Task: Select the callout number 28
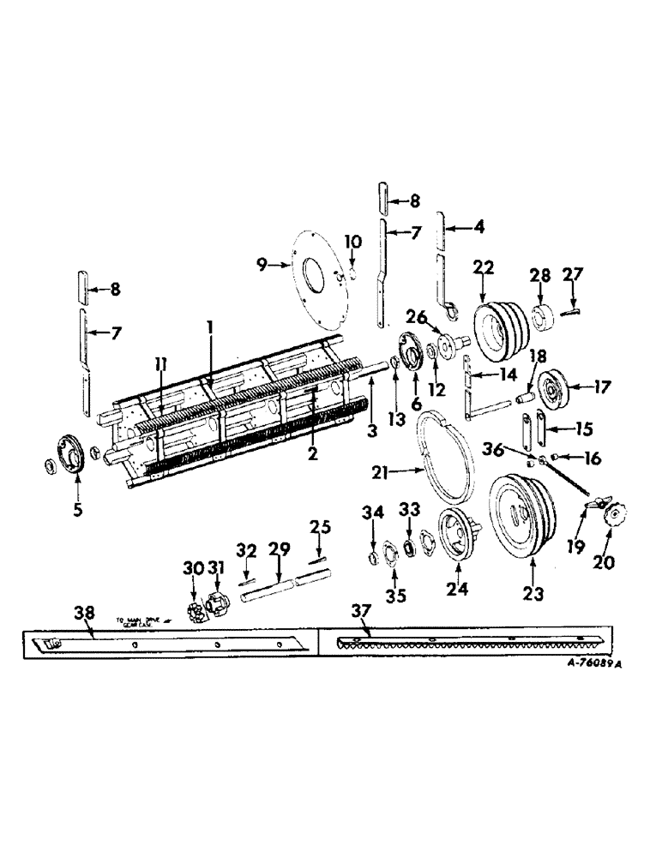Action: pos(539,276)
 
